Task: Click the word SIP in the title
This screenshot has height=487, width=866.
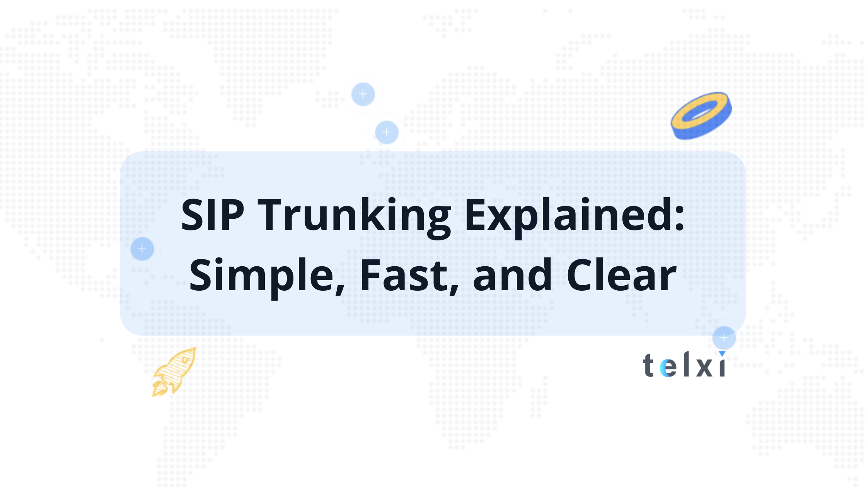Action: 212,215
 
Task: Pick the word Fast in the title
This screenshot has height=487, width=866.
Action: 408,275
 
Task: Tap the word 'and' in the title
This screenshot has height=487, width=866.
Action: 513,275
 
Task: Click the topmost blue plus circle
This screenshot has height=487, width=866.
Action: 363,94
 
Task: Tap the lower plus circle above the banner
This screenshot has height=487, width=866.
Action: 387,132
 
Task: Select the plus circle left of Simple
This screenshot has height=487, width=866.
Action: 142,249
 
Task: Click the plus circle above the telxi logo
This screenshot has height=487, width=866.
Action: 724,337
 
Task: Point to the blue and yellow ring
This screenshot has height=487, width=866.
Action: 701,116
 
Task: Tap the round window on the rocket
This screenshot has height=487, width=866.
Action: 186,360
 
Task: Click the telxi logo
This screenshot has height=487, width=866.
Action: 684,365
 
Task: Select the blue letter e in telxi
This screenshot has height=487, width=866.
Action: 668,368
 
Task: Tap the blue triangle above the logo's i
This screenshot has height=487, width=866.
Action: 722,354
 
